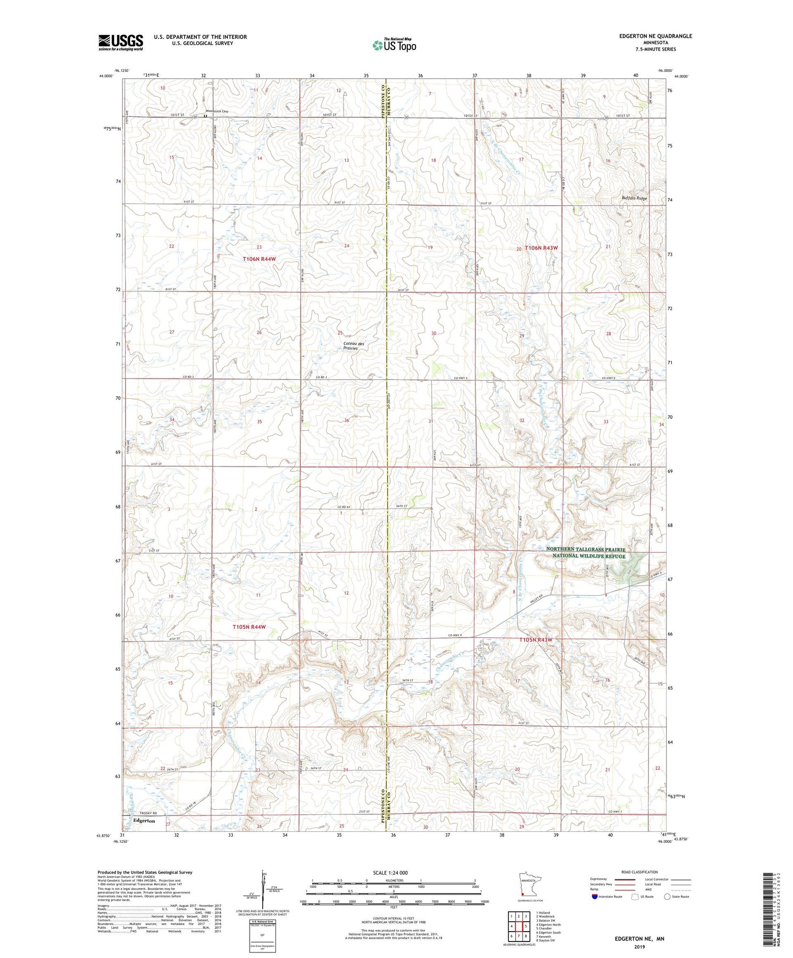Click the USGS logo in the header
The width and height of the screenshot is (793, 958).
tap(121, 42)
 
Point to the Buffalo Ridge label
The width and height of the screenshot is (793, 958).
tap(634, 198)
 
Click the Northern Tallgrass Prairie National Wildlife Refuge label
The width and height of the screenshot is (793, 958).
tap(586, 553)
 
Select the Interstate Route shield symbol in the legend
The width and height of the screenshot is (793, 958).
tap(595, 897)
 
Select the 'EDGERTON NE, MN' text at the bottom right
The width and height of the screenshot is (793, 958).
tap(639, 939)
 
